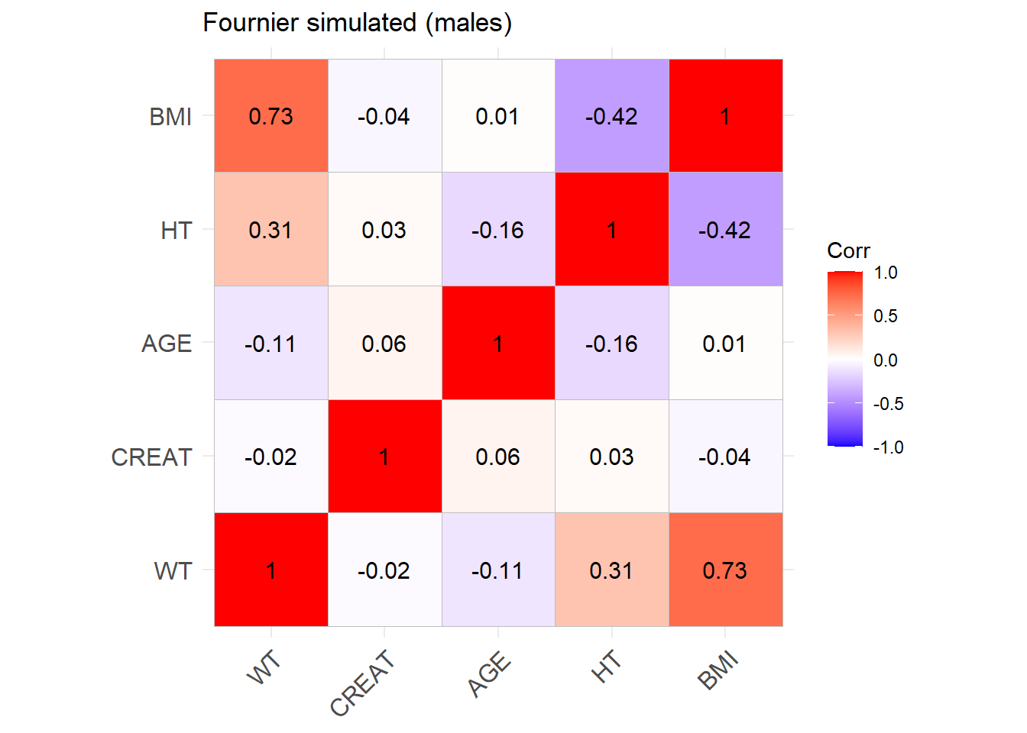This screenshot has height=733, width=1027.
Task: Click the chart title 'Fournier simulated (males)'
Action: point(357,23)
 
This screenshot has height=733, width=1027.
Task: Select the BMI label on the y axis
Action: point(170,117)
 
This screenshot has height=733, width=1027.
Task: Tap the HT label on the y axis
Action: point(176,231)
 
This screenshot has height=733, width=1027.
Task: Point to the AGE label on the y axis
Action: point(167,344)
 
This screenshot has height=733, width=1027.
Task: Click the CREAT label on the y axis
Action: point(151,457)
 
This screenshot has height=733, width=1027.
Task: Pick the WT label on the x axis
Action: point(264,669)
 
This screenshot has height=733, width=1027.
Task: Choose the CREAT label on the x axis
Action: point(362,683)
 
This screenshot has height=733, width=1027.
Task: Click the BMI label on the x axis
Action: point(718,670)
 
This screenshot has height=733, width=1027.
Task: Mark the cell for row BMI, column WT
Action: point(271,116)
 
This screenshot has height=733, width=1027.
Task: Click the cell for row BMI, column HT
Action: point(611,116)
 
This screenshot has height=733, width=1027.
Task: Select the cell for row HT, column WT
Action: point(271,230)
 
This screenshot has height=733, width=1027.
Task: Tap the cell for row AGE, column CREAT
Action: point(384,344)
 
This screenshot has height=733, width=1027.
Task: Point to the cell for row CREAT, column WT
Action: point(271,457)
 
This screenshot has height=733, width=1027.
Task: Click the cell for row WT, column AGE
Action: point(497,570)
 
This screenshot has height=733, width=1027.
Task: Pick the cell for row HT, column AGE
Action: point(497,230)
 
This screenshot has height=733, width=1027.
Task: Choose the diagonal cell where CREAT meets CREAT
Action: point(384,457)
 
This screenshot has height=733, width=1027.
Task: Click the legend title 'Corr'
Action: point(848,251)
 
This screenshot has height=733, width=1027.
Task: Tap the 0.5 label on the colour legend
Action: point(886,316)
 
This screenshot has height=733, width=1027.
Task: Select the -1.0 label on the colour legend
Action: point(888,447)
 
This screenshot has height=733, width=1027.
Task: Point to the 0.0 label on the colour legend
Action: point(886,360)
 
